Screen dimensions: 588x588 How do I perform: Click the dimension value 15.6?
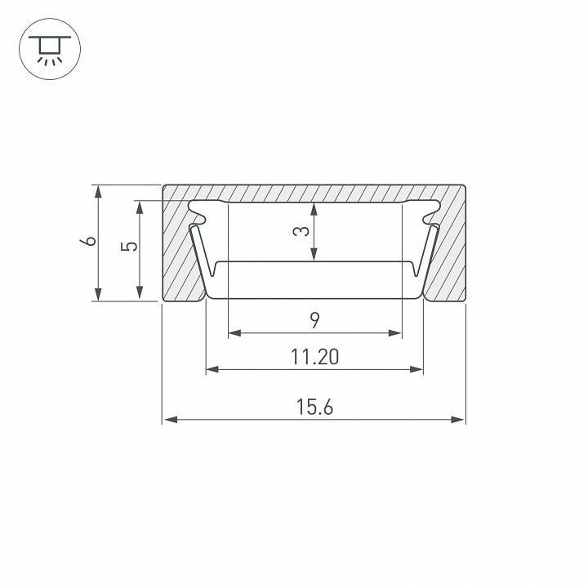pyautogui.click(x=314, y=406)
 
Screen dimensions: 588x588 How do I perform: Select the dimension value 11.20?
pyautogui.click(x=314, y=357)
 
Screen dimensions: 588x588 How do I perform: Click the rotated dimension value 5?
pyautogui.click(x=125, y=247)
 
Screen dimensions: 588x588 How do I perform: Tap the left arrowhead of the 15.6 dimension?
pyautogui.click(x=169, y=420)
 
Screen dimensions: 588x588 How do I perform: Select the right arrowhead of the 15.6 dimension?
pyautogui.click(x=459, y=420)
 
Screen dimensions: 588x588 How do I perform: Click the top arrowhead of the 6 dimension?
pyautogui.click(x=98, y=191)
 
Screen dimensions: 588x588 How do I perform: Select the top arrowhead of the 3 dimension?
pyautogui.click(x=314, y=207)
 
